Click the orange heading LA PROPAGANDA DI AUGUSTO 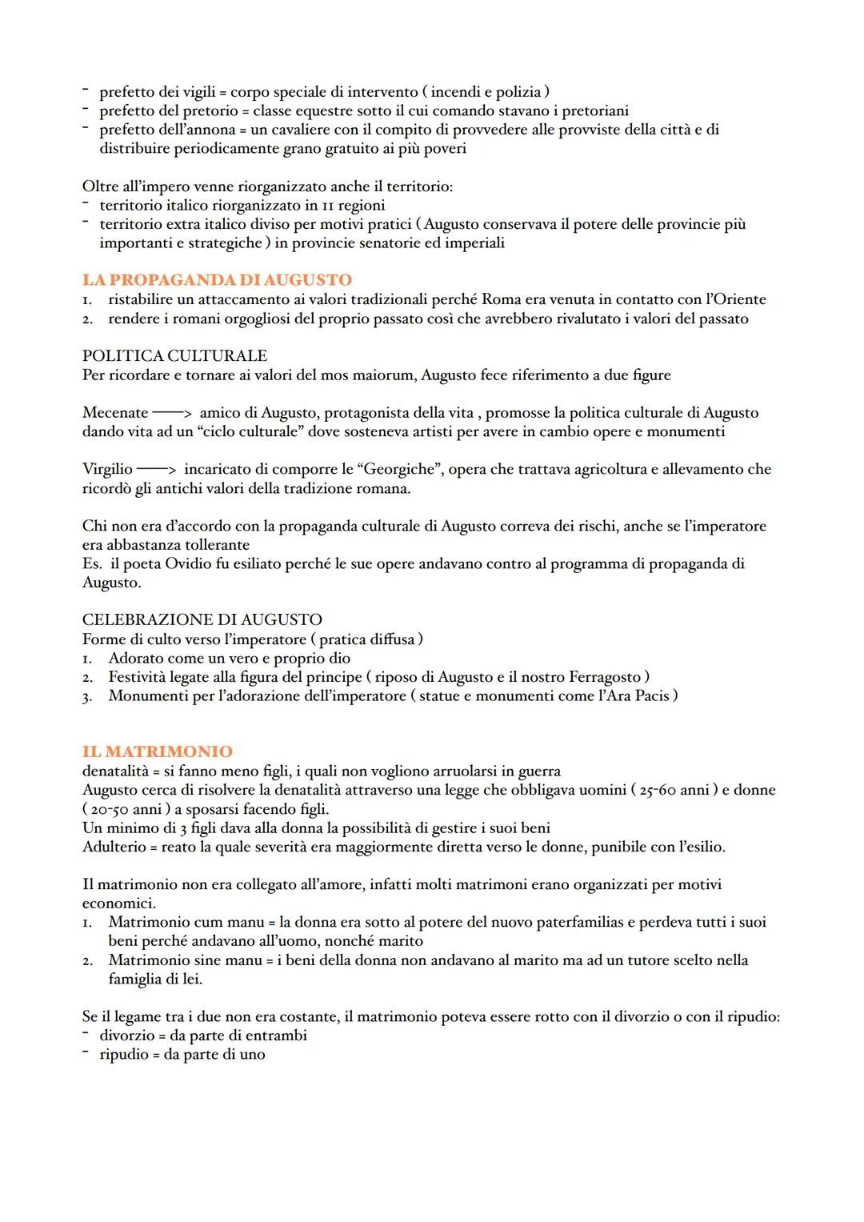click(x=217, y=280)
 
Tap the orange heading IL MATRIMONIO click(x=158, y=751)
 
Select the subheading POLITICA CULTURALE click(x=174, y=355)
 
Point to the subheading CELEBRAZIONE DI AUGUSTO click(x=202, y=619)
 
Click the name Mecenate click(x=115, y=413)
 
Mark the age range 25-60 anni click(x=674, y=790)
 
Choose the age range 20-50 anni click(x=129, y=809)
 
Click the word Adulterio click(x=114, y=847)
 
